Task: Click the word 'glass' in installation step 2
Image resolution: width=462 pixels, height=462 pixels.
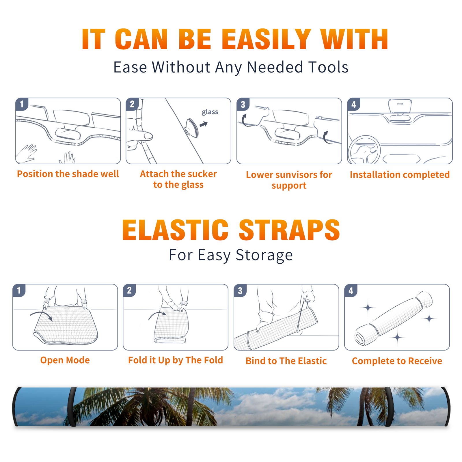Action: (x=210, y=112)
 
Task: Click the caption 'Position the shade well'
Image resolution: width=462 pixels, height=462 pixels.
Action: (x=68, y=174)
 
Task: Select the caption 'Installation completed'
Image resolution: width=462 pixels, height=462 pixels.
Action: (x=400, y=174)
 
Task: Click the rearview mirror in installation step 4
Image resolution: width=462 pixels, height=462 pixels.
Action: (x=400, y=106)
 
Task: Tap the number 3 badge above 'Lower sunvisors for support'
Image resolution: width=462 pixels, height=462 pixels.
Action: (x=243, y=104)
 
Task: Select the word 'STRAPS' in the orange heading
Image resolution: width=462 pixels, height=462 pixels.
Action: (x=289, y=230)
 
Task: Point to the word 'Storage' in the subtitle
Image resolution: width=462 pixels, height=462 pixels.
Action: (x=264, y=255)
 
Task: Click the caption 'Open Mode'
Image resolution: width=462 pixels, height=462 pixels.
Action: (x=65, y=360)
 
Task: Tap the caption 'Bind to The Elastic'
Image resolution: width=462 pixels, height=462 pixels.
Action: (x=286, y=361)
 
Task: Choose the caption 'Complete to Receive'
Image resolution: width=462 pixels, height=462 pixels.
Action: (x=397, y=361)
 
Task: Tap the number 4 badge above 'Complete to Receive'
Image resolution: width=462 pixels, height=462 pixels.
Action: (x=351, y=290)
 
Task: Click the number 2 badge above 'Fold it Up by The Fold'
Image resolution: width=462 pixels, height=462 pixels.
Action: (x=129, y=290)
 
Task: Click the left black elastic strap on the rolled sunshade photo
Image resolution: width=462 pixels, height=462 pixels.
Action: (x=72, y=407)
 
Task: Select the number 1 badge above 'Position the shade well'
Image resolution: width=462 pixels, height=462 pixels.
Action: (x=22, y=104)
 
